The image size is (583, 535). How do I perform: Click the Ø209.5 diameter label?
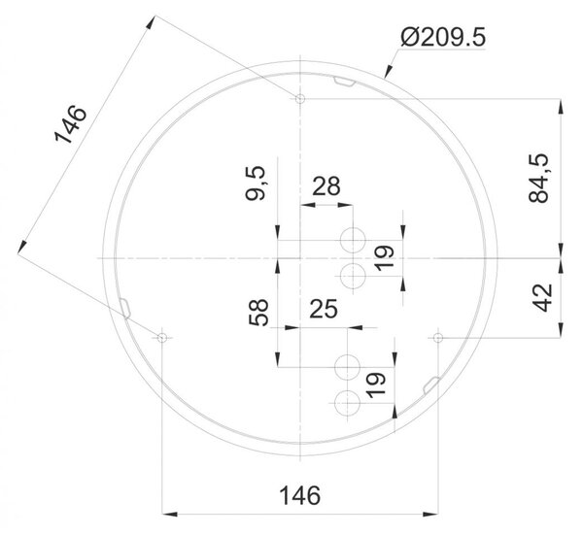tap(443, 38)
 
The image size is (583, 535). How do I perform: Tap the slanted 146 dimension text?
tap(71, 125)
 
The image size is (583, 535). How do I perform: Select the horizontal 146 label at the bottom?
tap(299, 495)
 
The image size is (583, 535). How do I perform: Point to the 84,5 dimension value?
tap(538, 178)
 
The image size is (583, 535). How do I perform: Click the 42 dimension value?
tap(543, 297)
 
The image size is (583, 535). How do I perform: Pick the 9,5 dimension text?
tap(256, 184)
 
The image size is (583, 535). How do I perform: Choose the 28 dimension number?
tap(326, 186)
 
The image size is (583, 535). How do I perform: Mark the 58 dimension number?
tap(258, 313)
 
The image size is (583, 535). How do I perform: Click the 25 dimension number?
tap(324, 309)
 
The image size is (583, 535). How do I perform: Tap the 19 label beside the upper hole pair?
tap(384, 258)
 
